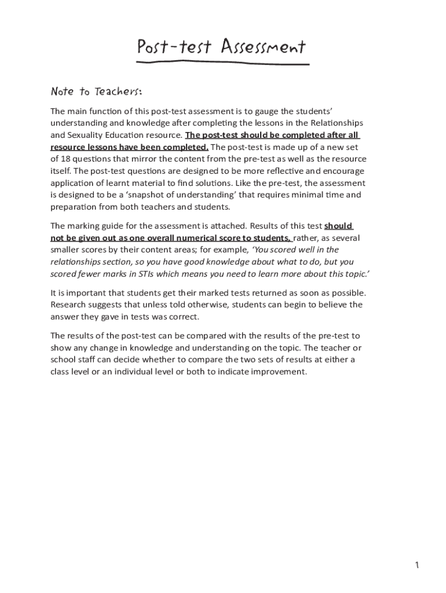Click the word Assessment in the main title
pyautogui.click(x=263, y=47)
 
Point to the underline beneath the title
pyautogui.click(x=223, y=62)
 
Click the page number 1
pyautogui.click(x=416, y=566)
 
